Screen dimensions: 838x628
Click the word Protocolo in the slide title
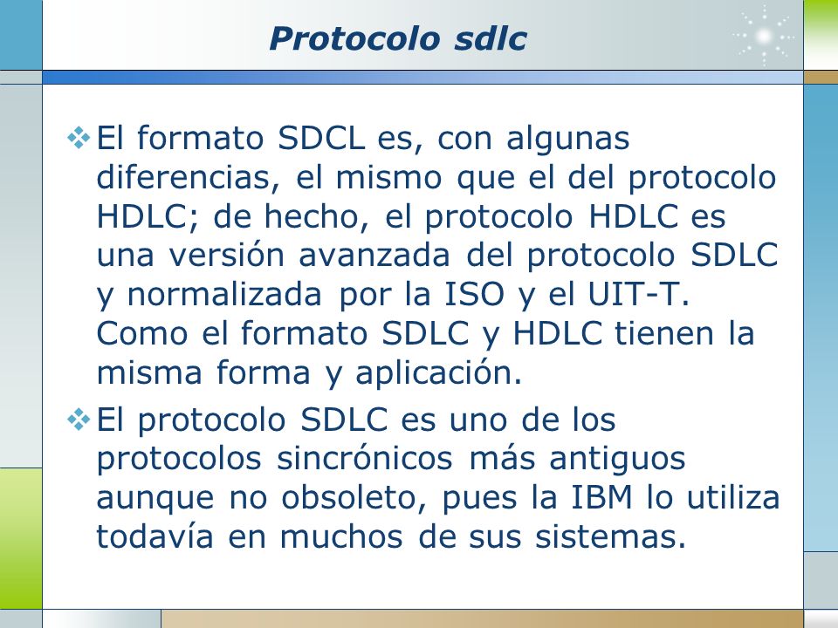coord(355,39)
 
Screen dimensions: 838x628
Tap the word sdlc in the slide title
coord(491,39)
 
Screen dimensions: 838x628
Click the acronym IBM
coord(601,497)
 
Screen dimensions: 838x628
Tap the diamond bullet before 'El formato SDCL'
coord(79,138)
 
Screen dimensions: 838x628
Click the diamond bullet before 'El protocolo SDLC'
coord(79,420)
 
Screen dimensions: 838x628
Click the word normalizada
coord(224,294)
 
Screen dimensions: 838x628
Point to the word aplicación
coord(439,372)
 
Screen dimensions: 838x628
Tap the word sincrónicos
coord(365,458)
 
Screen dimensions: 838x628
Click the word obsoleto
coord(354,497)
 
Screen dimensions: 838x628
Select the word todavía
coord(155,536)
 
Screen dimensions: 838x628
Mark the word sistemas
coord(610,536)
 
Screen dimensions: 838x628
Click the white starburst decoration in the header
coord(764,36)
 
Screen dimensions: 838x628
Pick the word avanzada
coord(374,255)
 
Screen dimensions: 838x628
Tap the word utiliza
coord(732,497)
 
